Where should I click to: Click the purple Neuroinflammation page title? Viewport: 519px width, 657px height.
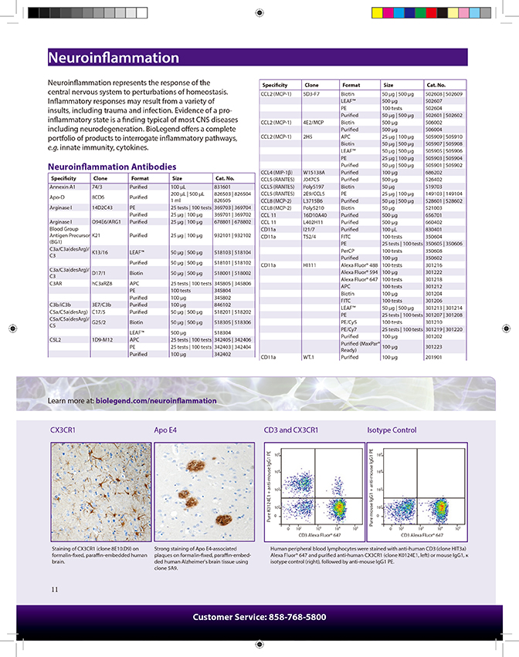[113, 59]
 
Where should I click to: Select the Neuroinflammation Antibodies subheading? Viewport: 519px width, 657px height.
[112, 167]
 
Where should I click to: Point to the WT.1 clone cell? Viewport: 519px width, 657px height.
[308, 358]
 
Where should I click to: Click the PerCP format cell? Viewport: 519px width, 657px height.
[348, 251]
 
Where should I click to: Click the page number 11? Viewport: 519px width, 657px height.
[55, 589]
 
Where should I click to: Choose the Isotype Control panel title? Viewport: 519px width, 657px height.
[392, 430]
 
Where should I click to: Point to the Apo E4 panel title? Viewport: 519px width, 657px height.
[167, 430]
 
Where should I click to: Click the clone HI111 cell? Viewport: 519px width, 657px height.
[310, 265]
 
